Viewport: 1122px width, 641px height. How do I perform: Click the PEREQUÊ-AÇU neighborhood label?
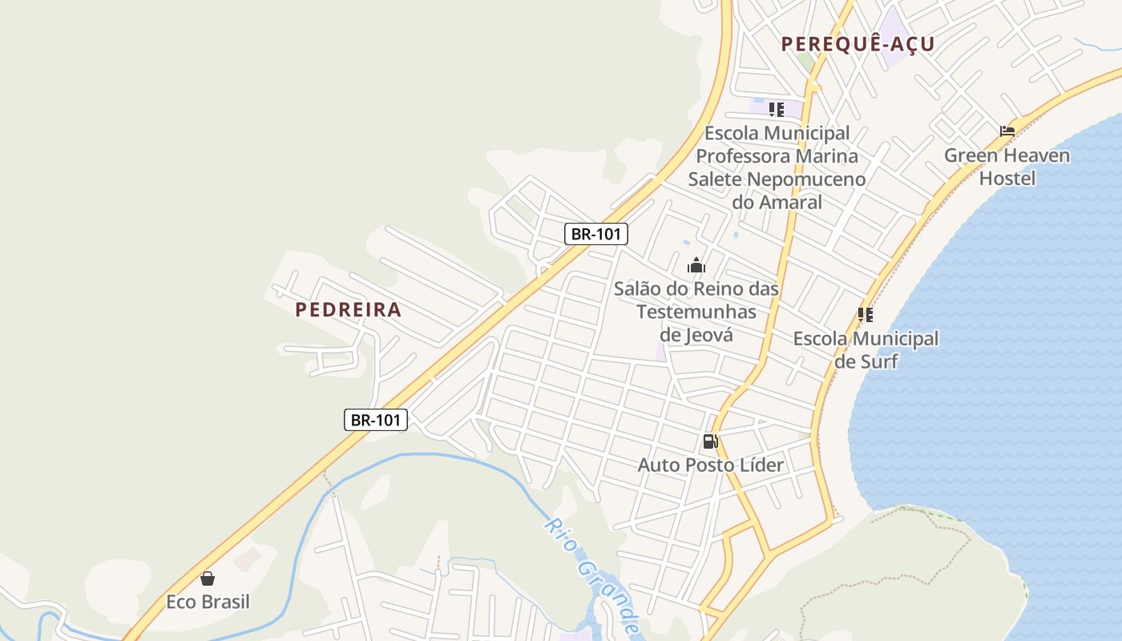tap(858, 44)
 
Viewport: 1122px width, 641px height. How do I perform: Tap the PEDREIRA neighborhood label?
tap(348, 309)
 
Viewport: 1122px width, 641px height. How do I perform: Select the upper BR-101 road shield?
tap(595, 234)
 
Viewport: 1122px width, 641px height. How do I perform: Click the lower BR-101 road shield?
tap(376, 420)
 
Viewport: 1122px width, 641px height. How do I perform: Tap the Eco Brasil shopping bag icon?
tap(208, 579)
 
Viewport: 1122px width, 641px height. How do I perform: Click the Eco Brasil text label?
tap(208, 602)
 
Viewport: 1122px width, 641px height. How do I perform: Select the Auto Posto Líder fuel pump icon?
tap(710, 441)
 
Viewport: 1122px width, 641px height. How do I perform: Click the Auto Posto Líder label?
tap(711, 465)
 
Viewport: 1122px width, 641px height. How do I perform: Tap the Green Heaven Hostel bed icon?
tap(1007, 131)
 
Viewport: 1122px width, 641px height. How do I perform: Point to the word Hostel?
tap(1007, 178)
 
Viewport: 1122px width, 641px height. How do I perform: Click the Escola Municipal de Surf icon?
tap(866, 315)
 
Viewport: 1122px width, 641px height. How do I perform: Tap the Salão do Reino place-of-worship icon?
tap(696, 265)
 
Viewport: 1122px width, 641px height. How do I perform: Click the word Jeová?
tap(709, 334)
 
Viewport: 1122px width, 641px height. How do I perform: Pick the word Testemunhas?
tap(696, 311)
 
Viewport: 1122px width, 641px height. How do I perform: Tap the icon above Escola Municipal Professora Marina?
tap(776, 110)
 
